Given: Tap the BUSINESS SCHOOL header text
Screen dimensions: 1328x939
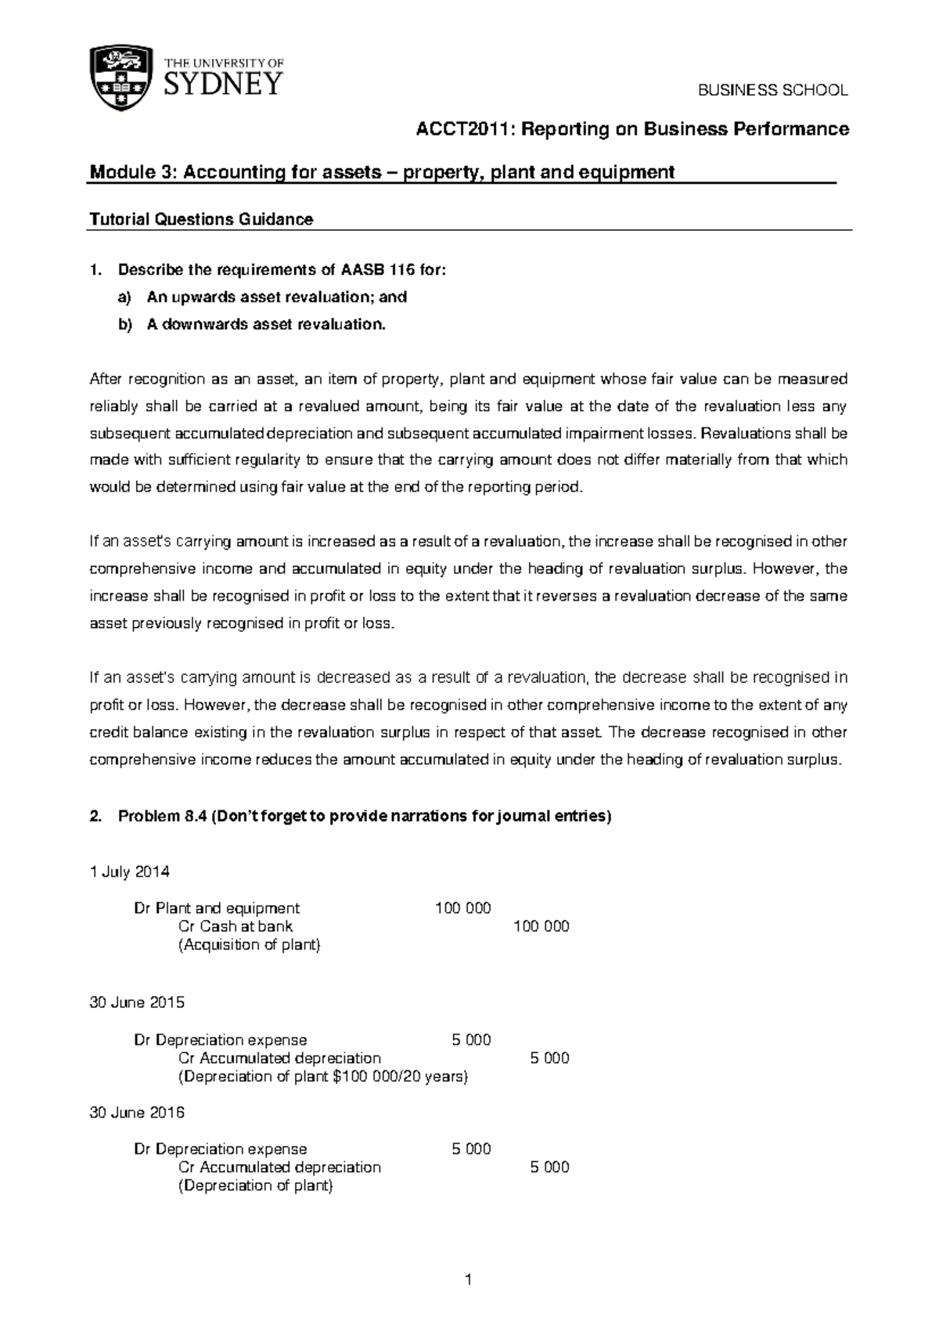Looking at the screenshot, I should (x=772, y=90).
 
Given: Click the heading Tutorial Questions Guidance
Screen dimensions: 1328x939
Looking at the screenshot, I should (x=202, y=219).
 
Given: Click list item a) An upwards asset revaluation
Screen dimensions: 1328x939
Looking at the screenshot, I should (x=276, y=297).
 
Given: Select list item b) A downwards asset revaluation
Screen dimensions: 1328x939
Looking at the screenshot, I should (x=266, y=324).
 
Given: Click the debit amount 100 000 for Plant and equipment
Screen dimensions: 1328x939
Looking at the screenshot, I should (x=463, y=908).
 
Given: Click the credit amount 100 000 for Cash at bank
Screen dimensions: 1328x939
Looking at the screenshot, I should (x=541, y=926).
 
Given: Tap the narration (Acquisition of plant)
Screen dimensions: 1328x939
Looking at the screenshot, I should (x=250, y=944).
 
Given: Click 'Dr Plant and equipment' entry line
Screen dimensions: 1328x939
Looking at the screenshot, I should (x=217, y=908).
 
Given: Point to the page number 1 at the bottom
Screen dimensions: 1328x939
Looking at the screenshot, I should (x=468, y=1281).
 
